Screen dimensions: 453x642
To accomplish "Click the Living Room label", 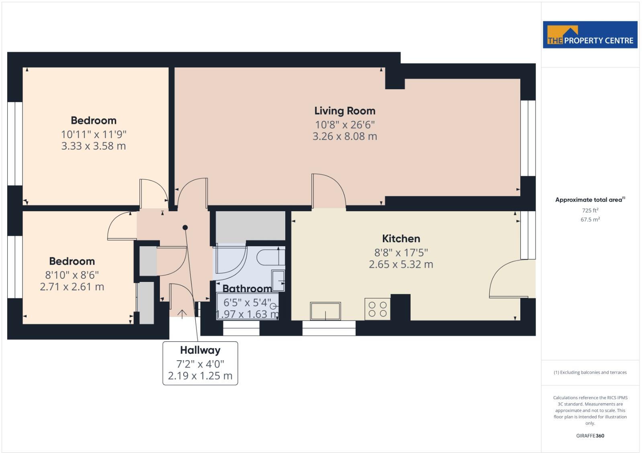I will [345, 111].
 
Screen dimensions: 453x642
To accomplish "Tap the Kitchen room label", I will [401, 239].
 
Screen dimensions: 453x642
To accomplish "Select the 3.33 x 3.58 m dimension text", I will [94, 146].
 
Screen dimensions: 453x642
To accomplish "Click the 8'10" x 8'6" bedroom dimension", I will [72, 275].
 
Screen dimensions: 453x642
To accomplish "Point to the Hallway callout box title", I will [200, 350].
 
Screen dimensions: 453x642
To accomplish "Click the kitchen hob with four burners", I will [377, 309].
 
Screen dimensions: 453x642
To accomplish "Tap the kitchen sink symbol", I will [325, 311].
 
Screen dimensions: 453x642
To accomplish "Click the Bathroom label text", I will [247, 289].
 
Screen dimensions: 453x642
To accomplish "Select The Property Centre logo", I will [590, 35].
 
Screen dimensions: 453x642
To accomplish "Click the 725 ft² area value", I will [590, 210].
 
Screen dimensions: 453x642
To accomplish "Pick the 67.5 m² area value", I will [590, 220].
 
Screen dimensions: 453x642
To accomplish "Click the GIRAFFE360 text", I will [590, 436].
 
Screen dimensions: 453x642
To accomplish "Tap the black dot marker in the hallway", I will [185, 228].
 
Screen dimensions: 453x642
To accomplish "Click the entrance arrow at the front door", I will [182, 314].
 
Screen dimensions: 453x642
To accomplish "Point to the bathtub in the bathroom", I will [270, 257].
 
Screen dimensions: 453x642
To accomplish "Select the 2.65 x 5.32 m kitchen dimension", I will [401, 265].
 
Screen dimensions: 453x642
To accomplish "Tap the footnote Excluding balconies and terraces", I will [590, 373].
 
